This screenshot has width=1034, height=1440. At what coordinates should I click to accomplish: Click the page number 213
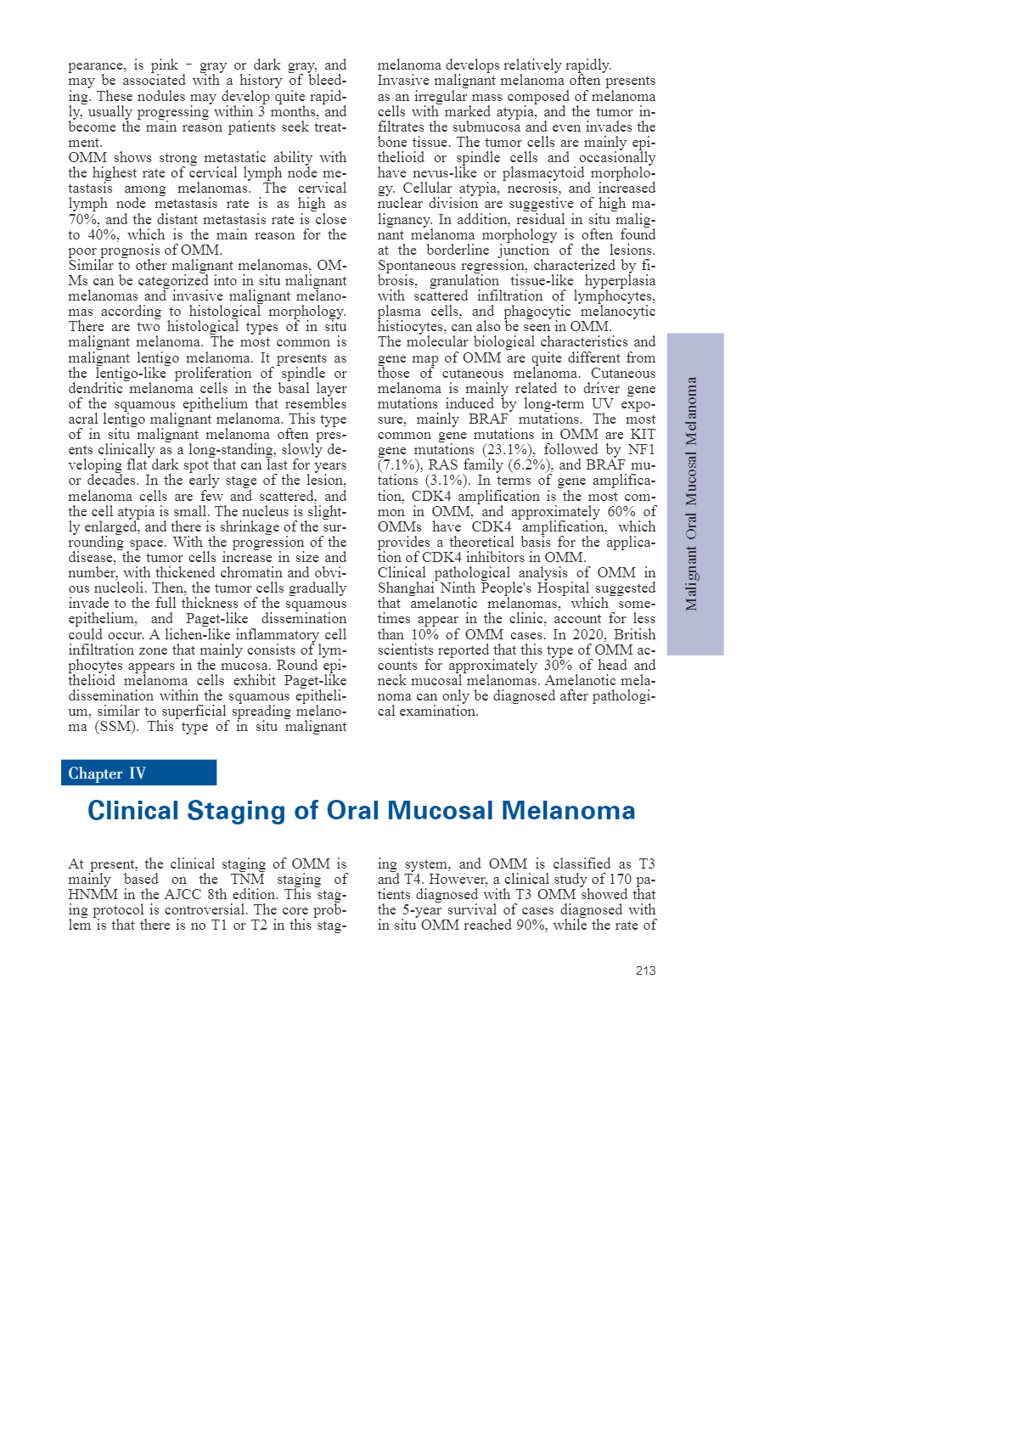(x=645, y=970)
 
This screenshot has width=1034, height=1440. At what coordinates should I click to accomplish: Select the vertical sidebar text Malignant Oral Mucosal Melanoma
(x=692, y=493)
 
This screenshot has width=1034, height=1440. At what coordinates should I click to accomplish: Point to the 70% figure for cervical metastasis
(x=83, y=219)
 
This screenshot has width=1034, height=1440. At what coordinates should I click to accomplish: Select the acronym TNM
(x=248, y=880)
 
